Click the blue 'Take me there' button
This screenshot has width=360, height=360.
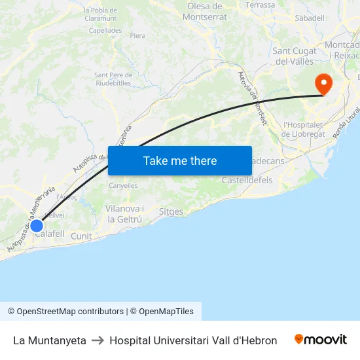coord(180,160)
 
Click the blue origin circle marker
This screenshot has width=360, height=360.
coord(37,225)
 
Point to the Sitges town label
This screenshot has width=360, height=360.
coord(171,212)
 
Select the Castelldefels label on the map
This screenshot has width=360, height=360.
coord(247,180)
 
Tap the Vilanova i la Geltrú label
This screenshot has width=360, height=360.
coord(124,214)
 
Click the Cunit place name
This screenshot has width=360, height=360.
coord(81,236)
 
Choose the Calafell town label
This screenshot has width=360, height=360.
coord(50,234)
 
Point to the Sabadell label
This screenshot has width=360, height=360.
coord(310,18)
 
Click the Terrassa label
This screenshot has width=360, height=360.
coord(261,5)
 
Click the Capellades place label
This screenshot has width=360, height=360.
coord(105,30)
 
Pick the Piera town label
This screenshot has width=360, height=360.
coord(137,36)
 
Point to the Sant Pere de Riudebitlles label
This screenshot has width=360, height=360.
coord(113,79)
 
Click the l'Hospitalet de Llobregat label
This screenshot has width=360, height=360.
coord(303,130)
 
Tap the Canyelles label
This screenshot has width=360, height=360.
coord(123,185)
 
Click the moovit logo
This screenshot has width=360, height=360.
coord(321,340)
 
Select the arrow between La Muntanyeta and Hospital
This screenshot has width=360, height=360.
coord(98,340)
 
